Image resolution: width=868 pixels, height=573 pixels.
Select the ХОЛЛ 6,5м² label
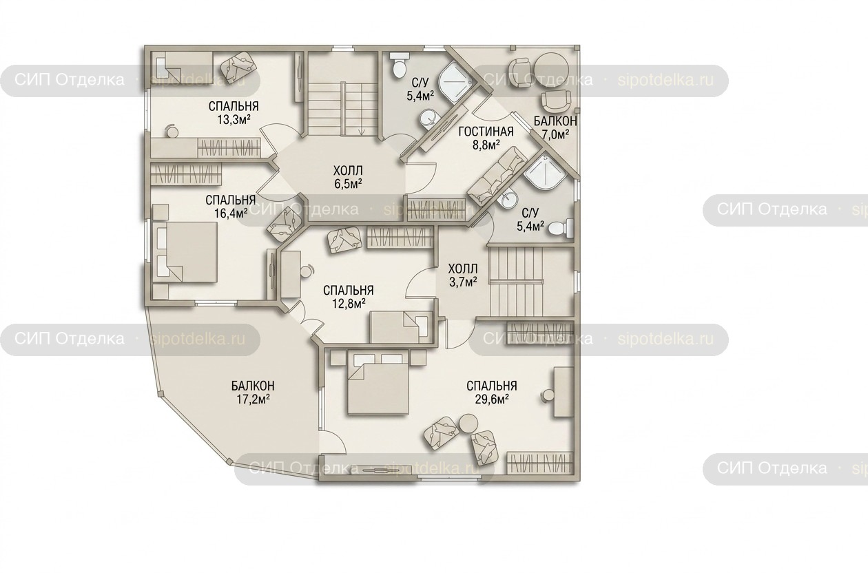348,177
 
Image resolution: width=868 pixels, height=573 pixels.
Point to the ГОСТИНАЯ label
486,132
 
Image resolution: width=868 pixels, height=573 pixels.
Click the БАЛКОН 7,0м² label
555,127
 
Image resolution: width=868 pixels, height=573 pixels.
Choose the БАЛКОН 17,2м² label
253,392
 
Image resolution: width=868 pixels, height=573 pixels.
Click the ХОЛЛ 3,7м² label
463,275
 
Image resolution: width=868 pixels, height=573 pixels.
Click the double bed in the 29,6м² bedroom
378,382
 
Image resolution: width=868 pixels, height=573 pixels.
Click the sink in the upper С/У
428,118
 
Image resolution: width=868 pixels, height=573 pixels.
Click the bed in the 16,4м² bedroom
185,251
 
